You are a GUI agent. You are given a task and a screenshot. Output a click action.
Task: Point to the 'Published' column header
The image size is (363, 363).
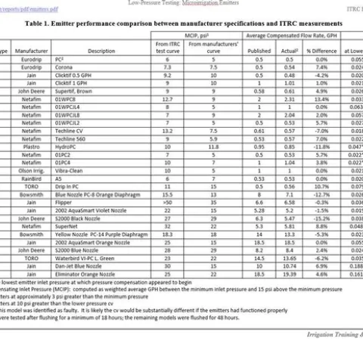(x=259, y=51)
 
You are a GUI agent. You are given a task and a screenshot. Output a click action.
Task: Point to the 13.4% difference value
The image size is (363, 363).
(x=321, y=98)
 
